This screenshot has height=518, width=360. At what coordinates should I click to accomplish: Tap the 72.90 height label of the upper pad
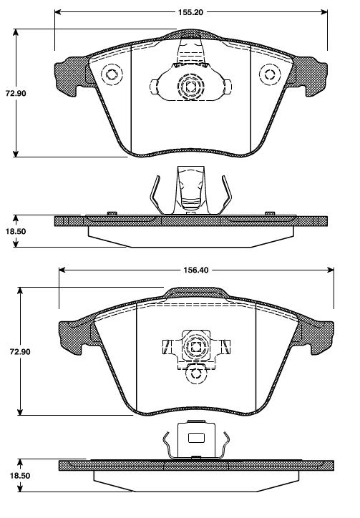click(x=16, y=94)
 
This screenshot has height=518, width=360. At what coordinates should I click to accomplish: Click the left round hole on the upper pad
click(x=112, y=74)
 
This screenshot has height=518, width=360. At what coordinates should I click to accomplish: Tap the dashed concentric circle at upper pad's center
click(x=190, y=87)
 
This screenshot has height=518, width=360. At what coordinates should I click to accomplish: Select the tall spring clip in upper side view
click(x=190, y=190)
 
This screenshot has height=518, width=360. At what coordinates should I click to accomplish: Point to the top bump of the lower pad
click(x=195, y=292)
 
